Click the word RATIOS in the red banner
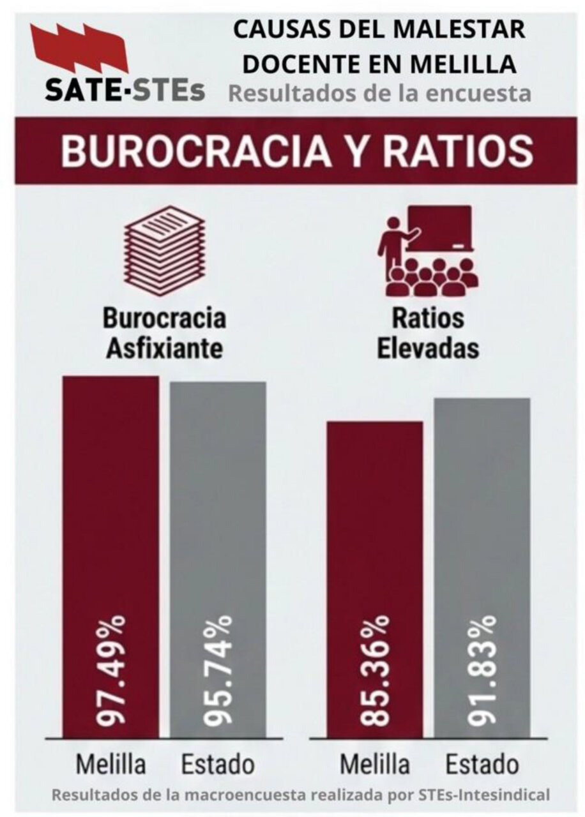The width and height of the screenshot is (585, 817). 465,152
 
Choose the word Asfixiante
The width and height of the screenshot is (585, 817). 164,349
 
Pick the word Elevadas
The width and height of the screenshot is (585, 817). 428,349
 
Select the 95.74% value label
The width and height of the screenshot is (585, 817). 218,670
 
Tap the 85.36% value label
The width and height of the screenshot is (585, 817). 376,670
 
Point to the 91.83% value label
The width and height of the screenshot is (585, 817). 482,670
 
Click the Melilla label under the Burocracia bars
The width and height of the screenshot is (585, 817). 111,764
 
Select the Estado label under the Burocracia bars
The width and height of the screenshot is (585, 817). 218,764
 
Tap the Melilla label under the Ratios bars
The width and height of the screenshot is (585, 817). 376,764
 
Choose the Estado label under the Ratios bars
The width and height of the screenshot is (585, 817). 482,764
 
